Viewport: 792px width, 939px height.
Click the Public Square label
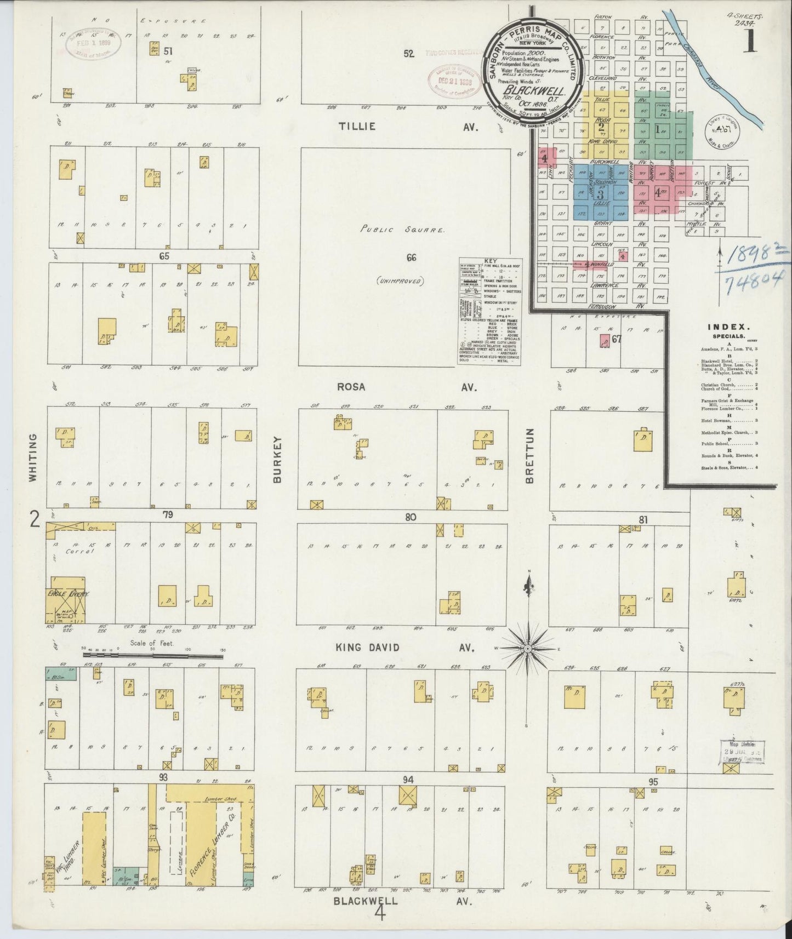coord(402,230)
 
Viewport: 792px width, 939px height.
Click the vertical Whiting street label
coord(32,458)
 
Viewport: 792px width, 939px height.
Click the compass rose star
coord(528,648)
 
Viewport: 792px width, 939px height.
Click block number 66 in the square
coord(412,258)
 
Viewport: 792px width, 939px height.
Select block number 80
coord(411,517)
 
